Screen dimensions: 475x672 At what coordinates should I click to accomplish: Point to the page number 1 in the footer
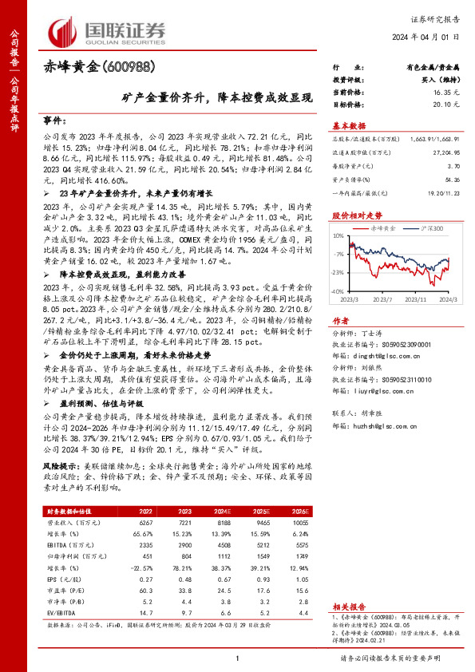[x=237, y=658]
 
